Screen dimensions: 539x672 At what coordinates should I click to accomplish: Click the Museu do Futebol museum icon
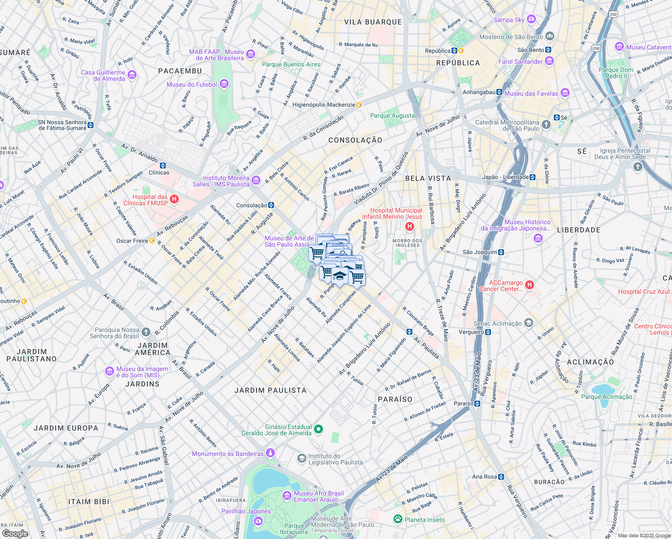224,84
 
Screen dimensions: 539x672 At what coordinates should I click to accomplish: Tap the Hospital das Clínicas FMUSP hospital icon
175,199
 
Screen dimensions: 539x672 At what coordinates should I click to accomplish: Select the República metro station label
437,51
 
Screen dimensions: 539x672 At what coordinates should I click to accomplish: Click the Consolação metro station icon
271,205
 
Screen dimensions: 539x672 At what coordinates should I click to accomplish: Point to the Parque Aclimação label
606,397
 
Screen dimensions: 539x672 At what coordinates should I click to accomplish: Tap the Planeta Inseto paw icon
398,519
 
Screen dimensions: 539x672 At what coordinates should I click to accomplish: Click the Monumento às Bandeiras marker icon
270,453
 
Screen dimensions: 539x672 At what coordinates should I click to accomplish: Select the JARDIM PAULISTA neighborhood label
270,390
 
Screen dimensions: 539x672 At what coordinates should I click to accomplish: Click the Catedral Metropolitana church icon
546,125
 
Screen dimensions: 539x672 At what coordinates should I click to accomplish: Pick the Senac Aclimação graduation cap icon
529,323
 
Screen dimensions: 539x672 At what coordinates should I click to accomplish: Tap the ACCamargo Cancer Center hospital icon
530,285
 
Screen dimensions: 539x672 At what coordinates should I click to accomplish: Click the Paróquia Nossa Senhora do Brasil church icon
146,332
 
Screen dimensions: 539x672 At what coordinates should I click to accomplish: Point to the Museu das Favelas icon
565,93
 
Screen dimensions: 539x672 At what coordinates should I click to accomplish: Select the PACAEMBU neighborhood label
180,71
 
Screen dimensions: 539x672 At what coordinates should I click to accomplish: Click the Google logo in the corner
15,533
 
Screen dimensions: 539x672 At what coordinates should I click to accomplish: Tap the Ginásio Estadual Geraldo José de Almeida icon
318,429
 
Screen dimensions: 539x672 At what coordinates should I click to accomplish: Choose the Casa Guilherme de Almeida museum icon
132,75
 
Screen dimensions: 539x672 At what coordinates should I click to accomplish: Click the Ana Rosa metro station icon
501,477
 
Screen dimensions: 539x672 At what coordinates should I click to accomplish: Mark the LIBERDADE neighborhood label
579,230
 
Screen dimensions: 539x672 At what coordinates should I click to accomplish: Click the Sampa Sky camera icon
531,19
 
